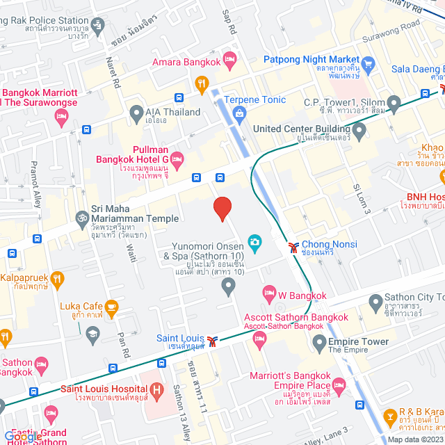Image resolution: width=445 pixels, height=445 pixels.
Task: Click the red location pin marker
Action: [222, 208]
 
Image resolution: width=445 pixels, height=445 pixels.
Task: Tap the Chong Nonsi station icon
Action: [295, 245]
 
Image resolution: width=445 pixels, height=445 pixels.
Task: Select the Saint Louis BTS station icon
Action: [213, 340]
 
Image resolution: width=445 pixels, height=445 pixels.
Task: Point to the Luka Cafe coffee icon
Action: [111, 306]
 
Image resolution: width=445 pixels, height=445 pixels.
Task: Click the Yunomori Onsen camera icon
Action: [255, 241]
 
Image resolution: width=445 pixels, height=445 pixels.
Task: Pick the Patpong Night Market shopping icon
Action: [367, 67]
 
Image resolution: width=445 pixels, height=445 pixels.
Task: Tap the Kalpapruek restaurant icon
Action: [57, 280]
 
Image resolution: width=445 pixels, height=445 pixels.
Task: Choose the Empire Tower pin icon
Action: [319, 342]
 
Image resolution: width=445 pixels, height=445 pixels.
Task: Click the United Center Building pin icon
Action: [359, 129]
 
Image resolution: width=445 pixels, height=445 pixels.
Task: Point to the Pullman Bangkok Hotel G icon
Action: [177, 161]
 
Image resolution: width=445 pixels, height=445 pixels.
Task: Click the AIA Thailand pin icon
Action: [136, 112]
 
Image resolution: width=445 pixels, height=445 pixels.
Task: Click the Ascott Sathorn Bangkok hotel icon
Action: [260, 339]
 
